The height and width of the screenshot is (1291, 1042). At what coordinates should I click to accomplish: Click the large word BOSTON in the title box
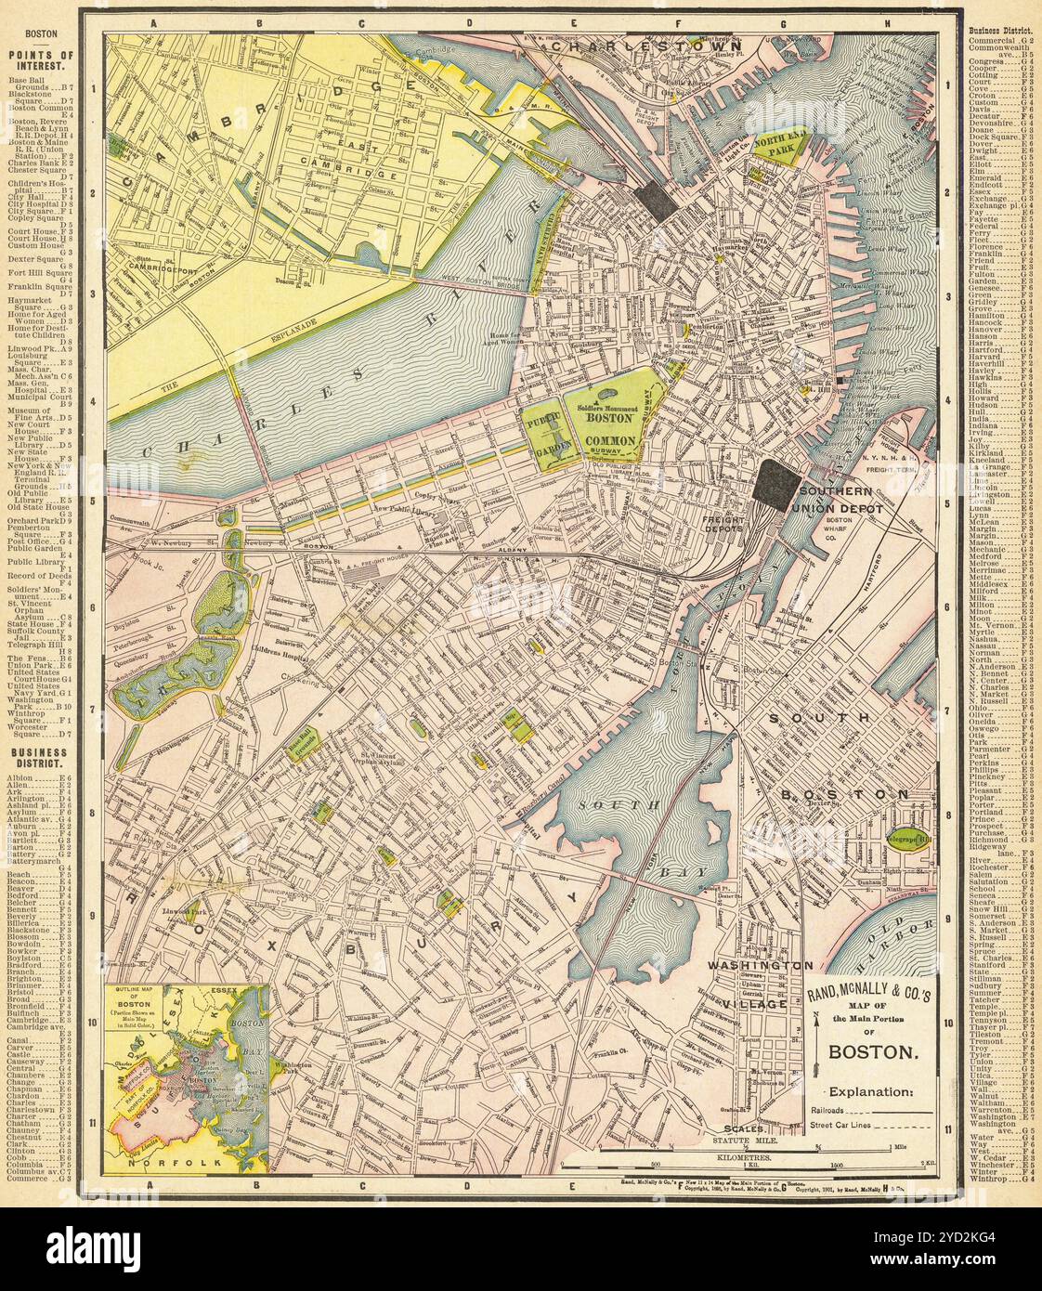[873, 1053]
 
